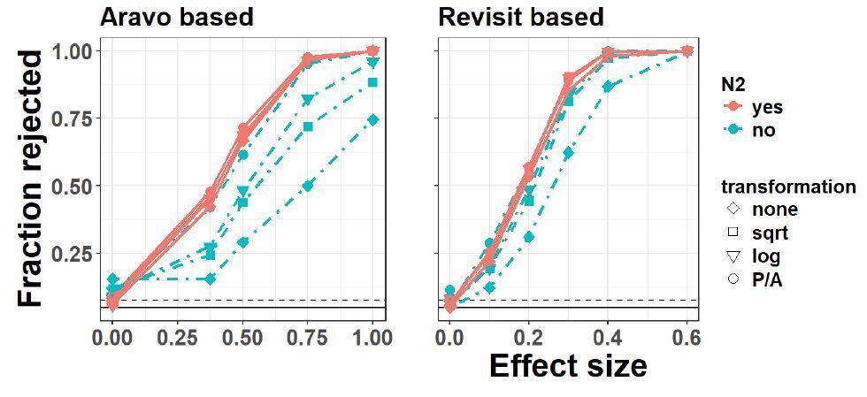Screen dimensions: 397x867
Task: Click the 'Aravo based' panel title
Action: point(176,17)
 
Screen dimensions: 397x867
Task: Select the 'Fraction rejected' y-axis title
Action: point(31,179)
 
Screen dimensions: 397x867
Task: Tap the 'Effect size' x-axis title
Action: point(567,365)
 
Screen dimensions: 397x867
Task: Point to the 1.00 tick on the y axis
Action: point(70,51)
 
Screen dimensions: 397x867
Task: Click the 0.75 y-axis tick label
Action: point(70,118)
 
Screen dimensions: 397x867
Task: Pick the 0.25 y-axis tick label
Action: point(70,254)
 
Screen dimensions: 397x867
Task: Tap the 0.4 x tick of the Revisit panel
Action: point(608,338)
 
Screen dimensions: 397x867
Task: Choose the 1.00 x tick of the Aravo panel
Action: point(372,338)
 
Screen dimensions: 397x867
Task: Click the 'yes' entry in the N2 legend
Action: point(766,108)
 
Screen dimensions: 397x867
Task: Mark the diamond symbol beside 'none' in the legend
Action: point(733,210)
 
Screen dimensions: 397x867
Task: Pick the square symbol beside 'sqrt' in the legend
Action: point(733,233)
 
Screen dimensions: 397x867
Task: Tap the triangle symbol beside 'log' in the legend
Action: point(733,256)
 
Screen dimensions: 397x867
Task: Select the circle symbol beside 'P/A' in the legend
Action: point(733,279)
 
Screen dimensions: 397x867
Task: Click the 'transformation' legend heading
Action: point(787,187)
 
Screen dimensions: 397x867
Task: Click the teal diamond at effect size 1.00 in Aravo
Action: point(373,119)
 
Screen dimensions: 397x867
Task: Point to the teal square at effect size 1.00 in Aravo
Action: point(373,82)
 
